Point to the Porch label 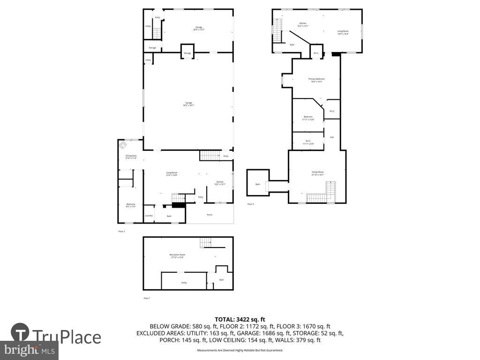coord(210,215)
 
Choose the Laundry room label coord(149,216)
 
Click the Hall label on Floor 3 coord(331,137)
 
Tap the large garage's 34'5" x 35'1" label coord(188,104)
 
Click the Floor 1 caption coord(147,298)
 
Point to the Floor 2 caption coord(121,231)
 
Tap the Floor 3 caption coord(250,204)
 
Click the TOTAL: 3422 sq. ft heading coord(240,319)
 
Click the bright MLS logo coord(29,349)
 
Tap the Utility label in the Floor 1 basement coord(184,283)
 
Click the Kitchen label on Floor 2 coord(220,183)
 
